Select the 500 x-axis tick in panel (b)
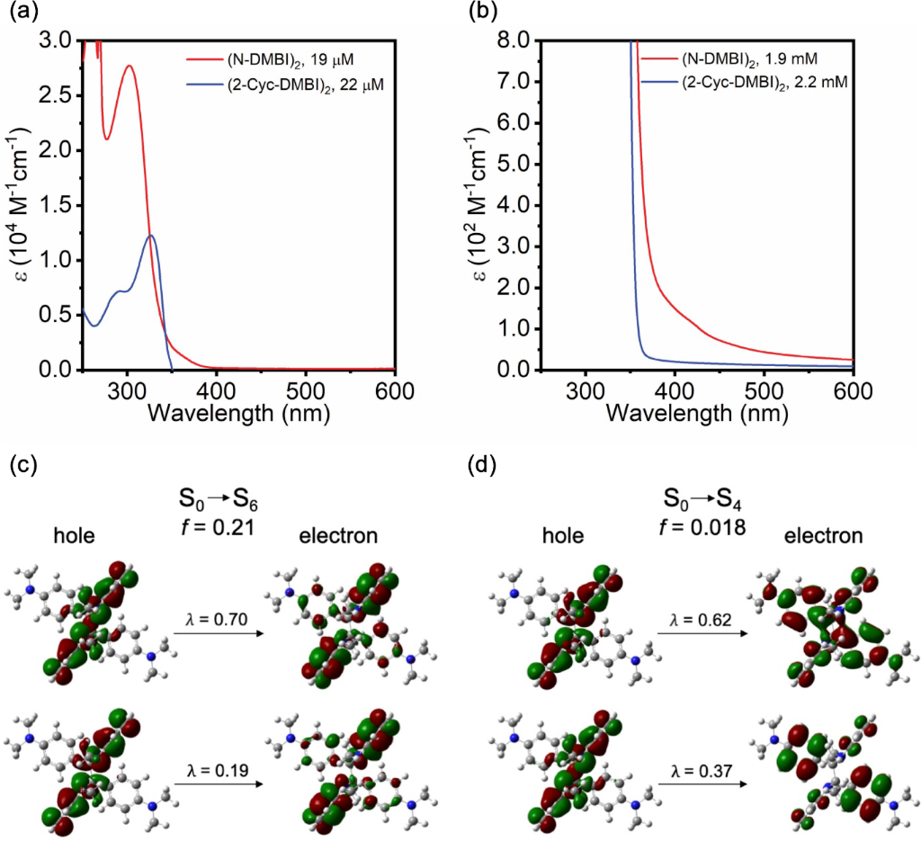click(x=764, y=391)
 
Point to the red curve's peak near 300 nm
click(x=130, y=66)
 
